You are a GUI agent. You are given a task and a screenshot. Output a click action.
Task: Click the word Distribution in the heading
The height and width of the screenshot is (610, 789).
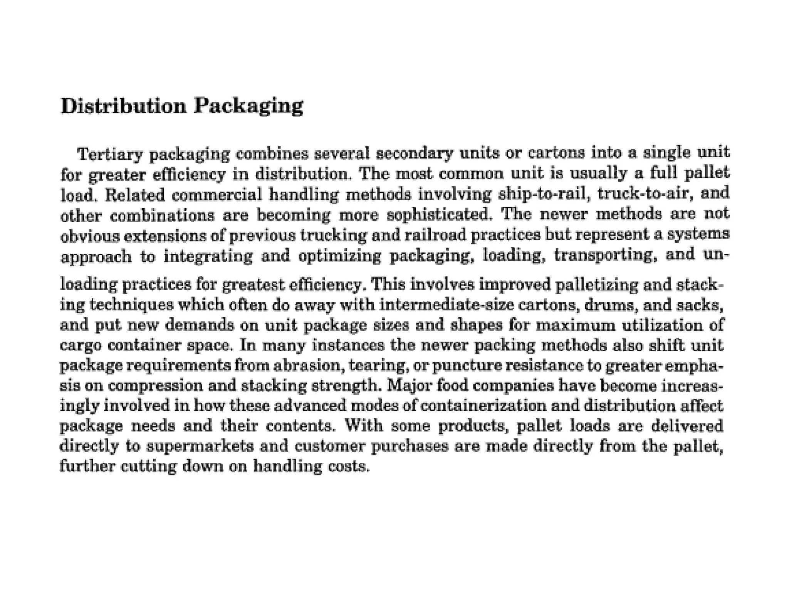(123, 106)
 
